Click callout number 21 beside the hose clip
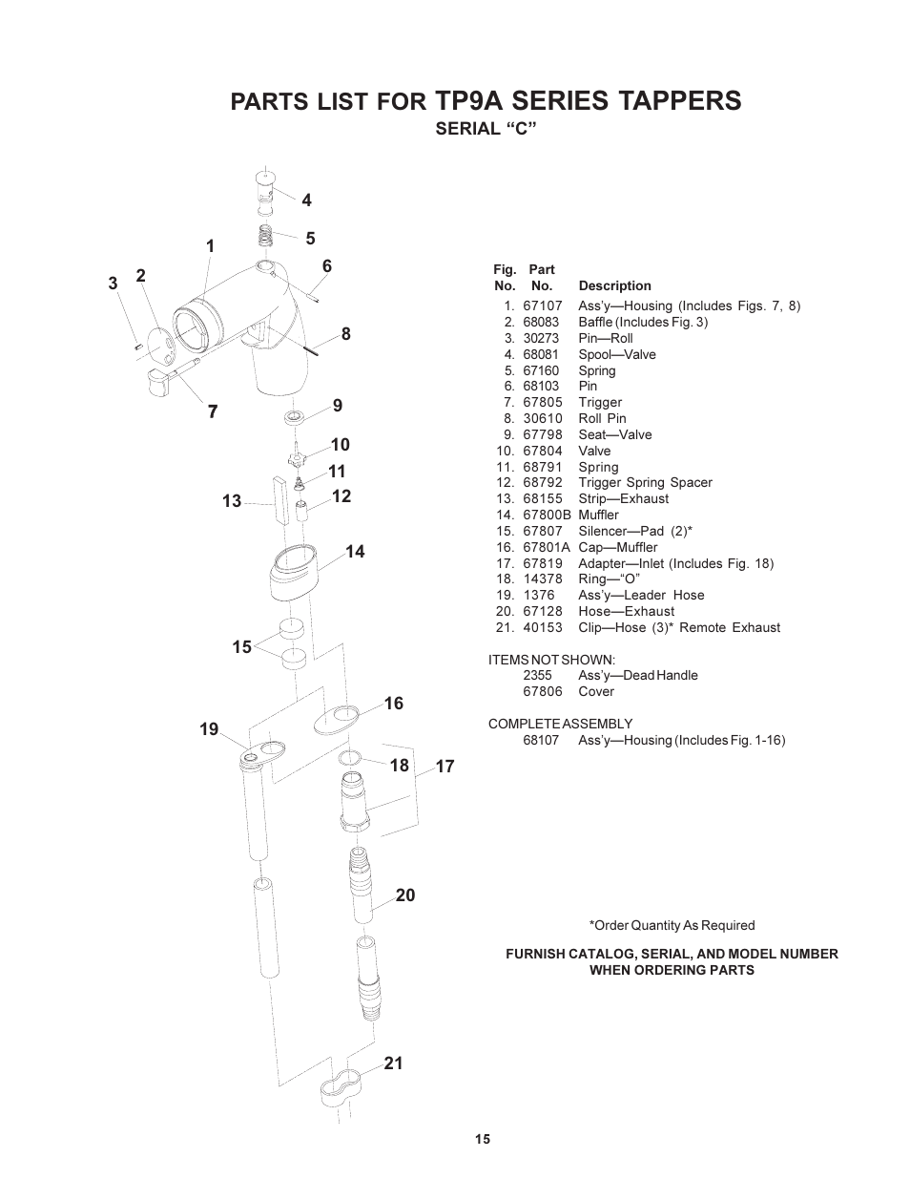point(393,1063)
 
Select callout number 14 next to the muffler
point(355,552)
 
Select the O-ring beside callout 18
point(349,758)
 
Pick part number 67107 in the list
point(542,305)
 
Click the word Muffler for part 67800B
point(598,515)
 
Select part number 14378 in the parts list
point(542,579)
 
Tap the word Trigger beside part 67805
point(600,402)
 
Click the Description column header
point(614,285)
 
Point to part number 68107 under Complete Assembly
point(542,740)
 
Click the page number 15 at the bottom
point(483,1139)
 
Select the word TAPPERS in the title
point(678,99)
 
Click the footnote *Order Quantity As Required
point(672,925)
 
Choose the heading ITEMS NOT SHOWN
point(551,660)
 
